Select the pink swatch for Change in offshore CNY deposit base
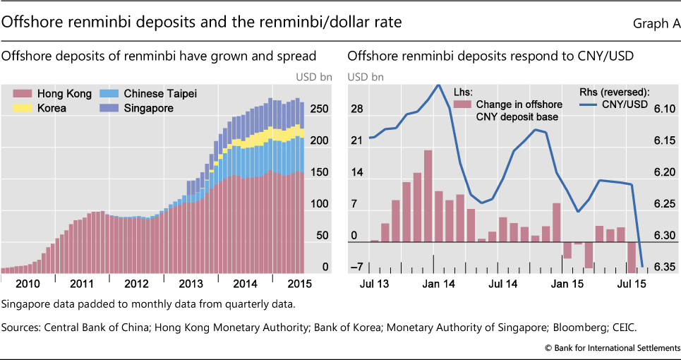click(462, 105)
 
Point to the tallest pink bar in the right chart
click(428, 196)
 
